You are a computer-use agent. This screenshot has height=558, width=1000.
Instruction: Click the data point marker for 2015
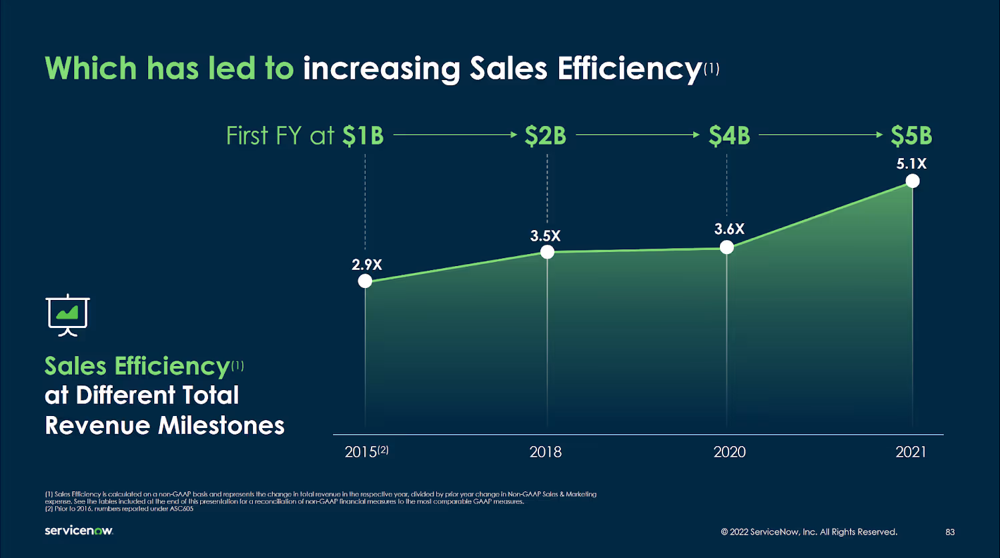[365, 281]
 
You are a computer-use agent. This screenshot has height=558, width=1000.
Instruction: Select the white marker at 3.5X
[547, 252]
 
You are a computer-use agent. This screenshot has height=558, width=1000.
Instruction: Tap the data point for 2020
[727, 247]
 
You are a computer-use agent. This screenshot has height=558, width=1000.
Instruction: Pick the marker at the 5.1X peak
[913, 181]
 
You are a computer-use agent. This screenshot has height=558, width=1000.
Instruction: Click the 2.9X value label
[367, 265]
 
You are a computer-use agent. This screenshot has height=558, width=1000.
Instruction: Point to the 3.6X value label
[729, 229]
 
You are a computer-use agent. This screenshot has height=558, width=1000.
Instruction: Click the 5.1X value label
[911, 163]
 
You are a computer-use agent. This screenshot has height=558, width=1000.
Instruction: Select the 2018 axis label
[546, 452]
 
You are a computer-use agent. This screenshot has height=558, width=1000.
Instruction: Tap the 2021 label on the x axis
[911, 452]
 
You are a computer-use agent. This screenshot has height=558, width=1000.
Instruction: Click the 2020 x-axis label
[729, 452]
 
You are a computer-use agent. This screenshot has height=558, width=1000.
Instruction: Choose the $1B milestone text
[363, 136]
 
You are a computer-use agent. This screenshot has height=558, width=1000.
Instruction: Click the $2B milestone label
[545, 136]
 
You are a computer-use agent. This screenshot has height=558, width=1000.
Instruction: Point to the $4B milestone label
[729, 136]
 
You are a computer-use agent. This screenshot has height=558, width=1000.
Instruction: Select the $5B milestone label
[911, 136]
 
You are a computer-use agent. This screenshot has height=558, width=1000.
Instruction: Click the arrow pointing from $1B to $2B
[455, 135]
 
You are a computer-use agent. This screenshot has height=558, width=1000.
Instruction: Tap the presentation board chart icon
[67, 314]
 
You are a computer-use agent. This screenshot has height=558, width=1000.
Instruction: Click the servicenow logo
[79, 531]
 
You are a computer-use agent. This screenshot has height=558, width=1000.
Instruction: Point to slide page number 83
[950, 532]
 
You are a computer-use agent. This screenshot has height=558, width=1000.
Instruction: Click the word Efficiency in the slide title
[629, 69]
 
